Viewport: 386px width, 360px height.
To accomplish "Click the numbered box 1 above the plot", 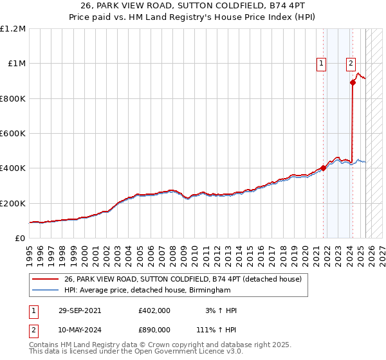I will coord(320,63).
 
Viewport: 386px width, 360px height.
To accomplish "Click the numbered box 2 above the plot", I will coord(351,63).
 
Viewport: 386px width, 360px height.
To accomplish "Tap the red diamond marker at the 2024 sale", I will coord(353,82).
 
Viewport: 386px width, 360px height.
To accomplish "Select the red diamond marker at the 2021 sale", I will coord(324,168).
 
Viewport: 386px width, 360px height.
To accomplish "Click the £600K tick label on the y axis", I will coord(13,134).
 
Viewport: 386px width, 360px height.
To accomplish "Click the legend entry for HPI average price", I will coord(147,291).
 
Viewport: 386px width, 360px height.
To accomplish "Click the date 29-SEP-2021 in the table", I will coord(78,310).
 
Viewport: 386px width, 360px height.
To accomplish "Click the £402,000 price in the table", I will coord(154,310).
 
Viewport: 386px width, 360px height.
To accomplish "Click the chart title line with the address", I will coord(193,8).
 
